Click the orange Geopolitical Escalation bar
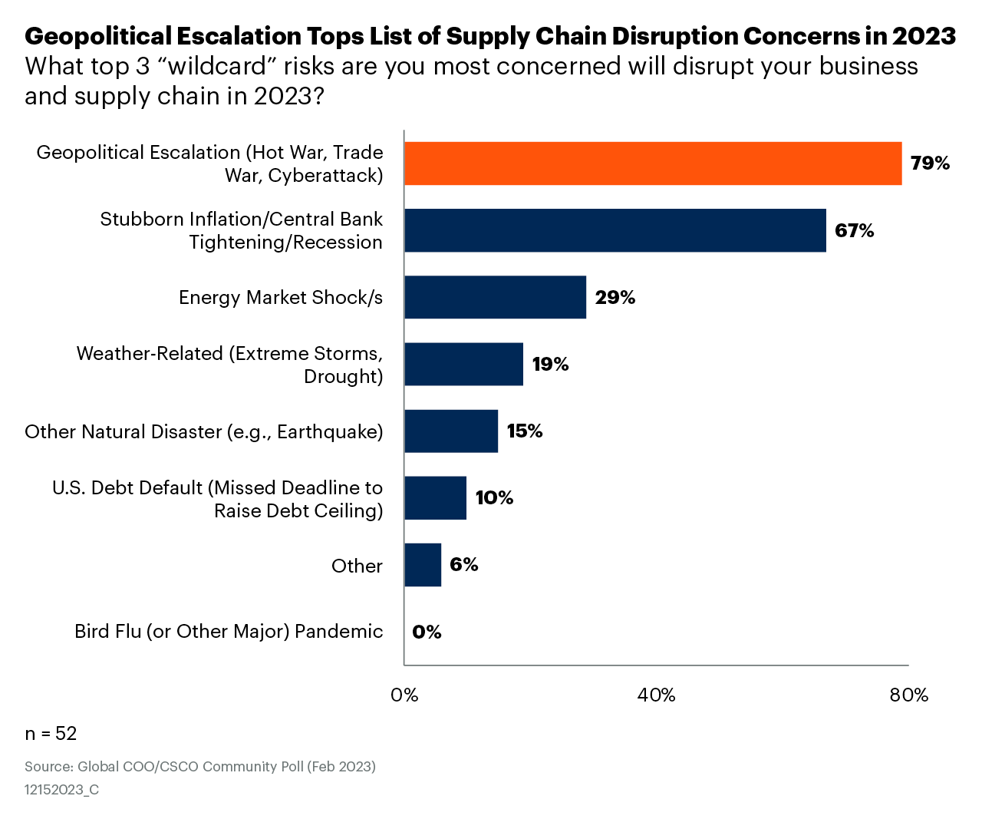(x=652, y=163)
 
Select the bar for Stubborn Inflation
(x=615, y=230)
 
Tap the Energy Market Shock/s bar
(x=495, y=297)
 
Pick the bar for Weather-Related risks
(x=463, y=364)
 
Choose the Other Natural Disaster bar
(x=451, y=431)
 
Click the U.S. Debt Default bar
(x=435, y=497)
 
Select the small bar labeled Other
(x=423, y=564)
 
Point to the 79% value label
(x=930, y=163)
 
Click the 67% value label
(x=854, y=230)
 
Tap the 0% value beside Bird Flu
(x=427, y=632)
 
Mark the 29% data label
(x=615, y=297)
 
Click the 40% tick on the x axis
(x=656, y=695)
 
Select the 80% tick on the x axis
(x=908, y=695)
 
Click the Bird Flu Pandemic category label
(x=229, y=632)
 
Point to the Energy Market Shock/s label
(x=280, y=298)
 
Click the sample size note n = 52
(x=51, y=734)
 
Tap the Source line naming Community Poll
(x=199, y=767)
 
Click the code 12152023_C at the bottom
(x=61, y=790)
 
